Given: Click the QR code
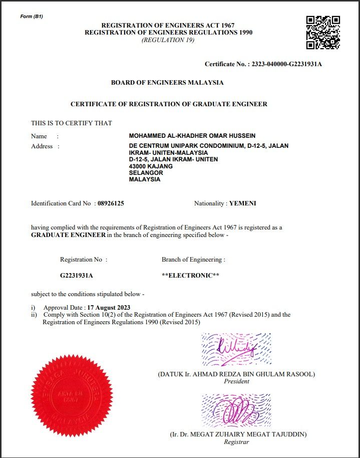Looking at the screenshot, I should click(x=323, y=33).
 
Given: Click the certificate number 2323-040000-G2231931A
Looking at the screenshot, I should click(x=286, y=64).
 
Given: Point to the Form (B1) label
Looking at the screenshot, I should click(x=32, y=17).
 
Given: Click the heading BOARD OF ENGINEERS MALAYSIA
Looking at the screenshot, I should click(x=167, y=83).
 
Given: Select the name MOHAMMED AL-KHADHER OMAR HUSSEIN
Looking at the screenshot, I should click(x=192, y=136).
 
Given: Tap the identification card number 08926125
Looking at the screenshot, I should click(x=111, y=203).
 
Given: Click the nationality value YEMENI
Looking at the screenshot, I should click(x=242, y=203).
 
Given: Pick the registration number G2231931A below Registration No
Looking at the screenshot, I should click(x=77, y=276).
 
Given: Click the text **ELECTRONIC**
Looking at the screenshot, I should click(x=190, y=276).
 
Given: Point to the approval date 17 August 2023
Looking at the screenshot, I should click(x=109, y=307).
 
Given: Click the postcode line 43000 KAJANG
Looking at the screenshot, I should click(x=151, y=166).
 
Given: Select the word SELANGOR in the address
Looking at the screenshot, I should click(x=146, y=173).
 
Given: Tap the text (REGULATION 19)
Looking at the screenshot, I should click(x=168, y=40).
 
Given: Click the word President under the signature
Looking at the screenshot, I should click(x=236, y=381).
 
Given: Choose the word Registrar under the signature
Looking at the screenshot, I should click(x=237, y=442).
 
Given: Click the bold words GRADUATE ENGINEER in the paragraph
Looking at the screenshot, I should click(x=68, y=235).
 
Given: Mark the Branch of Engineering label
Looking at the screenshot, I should click(x=193, y=260).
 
